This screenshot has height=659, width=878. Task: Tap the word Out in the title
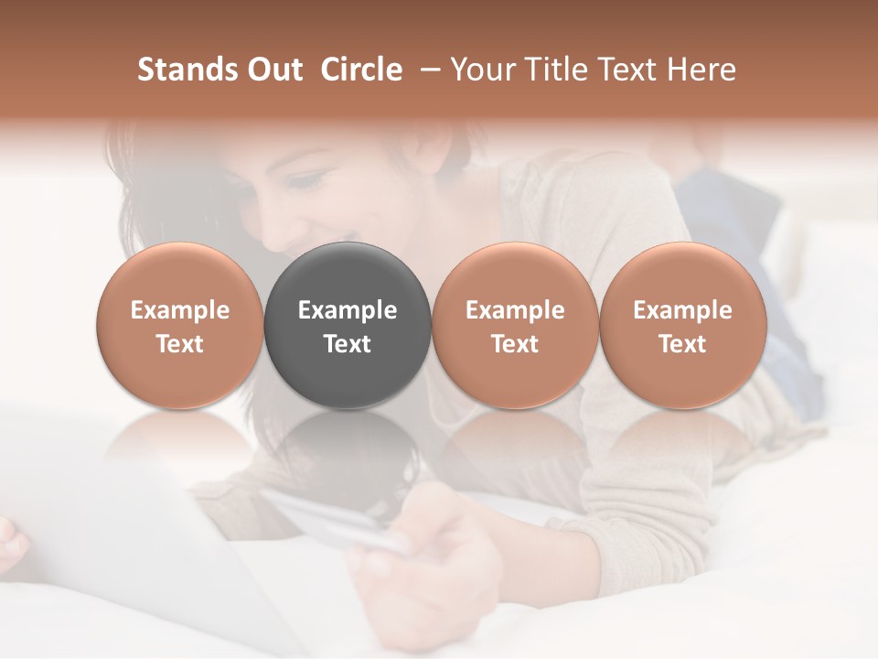(x=273, y=70)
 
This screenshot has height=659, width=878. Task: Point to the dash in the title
(x=432, y=70)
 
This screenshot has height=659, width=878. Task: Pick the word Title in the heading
(x=555, y=70)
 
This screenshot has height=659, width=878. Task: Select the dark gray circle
(x=348, y=275)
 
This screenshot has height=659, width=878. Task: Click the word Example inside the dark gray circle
(x=348, y=310)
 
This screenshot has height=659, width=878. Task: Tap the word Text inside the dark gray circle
(x=348, y=344)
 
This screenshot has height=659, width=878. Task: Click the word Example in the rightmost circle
(x=682, y=310)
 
